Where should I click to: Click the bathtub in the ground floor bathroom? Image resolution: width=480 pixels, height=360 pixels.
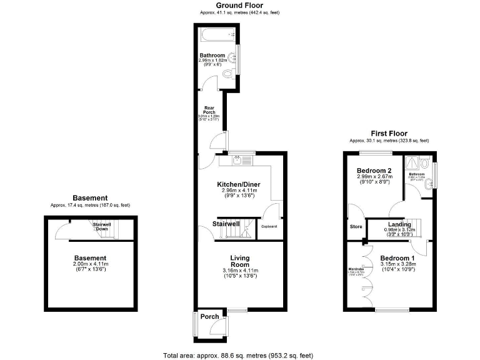(x=216, y=34)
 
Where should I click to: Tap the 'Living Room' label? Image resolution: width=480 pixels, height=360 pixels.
(x=240, y=261)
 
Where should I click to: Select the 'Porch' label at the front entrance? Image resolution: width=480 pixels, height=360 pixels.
(x=209, y=317)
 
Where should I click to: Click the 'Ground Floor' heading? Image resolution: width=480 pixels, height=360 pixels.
(x=238, y=5)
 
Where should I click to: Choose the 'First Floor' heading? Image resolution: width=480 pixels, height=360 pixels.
(x=388, y=133)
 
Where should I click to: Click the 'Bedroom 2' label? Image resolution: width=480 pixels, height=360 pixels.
(x=374, y=171)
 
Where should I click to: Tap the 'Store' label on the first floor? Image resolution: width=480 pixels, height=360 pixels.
(x=356, y=226)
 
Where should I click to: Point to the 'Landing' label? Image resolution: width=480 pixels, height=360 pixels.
(x=399, y=224)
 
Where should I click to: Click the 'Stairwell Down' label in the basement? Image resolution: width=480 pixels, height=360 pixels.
(x=102, y=226)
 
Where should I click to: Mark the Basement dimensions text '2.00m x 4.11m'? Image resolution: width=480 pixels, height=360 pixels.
(x=91, y=264)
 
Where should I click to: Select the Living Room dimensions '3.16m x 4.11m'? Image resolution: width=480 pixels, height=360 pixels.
(x=240, y=270)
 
